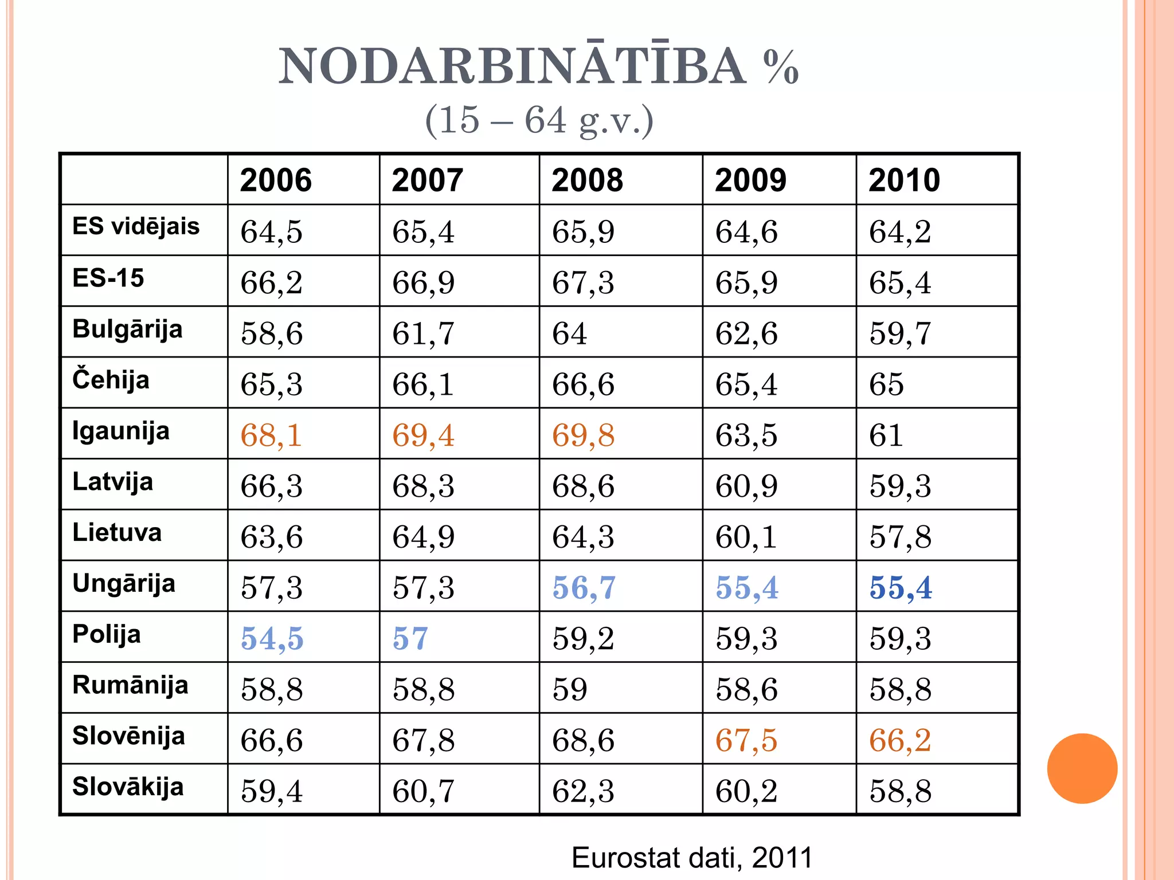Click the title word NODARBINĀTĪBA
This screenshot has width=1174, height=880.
point(512,66)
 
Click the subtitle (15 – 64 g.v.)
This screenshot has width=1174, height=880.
point(539,120)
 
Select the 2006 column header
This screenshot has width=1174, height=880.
point(276,180)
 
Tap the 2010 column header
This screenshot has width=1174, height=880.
point(904,180)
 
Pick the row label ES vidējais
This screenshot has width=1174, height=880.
point(136,226)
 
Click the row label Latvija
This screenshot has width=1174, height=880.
point(113,482)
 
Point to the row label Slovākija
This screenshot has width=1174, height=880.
point(128,787)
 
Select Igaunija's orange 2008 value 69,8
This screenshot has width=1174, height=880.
point(583,435)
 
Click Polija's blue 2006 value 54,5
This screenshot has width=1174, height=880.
point(272,639)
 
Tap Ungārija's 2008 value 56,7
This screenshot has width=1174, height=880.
point(584,588)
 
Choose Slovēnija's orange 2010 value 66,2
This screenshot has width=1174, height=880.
point(900,740)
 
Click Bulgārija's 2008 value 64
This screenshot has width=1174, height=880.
point(569,333)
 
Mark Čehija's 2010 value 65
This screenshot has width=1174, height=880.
point(886,384)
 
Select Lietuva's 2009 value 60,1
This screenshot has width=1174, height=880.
point(746,537)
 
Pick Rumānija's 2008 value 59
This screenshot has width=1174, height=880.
point(569,689)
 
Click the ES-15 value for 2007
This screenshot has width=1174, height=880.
point(423,283)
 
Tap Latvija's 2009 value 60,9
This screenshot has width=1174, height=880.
point(746,486)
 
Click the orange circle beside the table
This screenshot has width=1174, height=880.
point(1082,768)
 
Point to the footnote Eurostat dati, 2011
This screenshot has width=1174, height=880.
point(692,858)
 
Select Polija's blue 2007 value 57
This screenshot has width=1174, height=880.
point(410,639)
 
